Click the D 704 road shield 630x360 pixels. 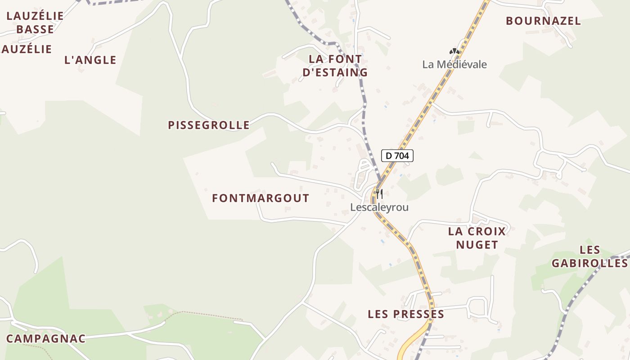tap(397, 156)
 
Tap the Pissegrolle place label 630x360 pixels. tap(209, 125)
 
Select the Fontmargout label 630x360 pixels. tap(261, 198)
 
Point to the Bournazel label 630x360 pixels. tap(543, 21)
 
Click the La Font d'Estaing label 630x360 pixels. tap(335, 66)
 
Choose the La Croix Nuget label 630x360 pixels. tap(477, 238)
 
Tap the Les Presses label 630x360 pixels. tap(406, 314)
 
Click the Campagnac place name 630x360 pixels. tap(46, 339)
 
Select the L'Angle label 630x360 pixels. tap(90, 60)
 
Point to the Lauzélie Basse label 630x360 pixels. tap(35, 22)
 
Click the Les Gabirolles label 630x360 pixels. tap(590, 256)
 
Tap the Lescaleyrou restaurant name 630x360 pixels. tap(379, 207)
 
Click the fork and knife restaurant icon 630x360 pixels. tap(379, 194)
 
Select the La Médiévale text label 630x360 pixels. tap(454, 64)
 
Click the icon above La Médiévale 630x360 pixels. tap(454, 52)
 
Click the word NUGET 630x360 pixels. tap(477, 245)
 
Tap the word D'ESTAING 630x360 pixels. tap(335, 72)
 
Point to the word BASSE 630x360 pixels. tap(35, 29)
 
